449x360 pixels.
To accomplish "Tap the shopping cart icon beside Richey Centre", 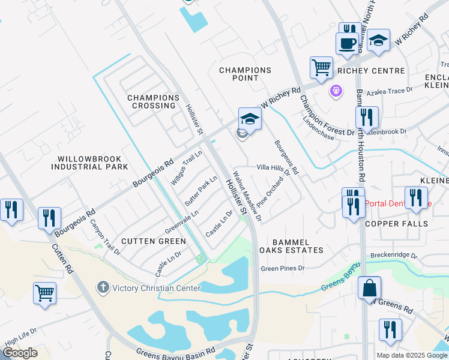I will coord(322,67).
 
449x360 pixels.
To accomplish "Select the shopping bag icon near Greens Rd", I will coord(370,288).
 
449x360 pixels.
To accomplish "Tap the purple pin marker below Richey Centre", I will coord(335,91).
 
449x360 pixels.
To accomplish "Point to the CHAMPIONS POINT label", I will coord(245,74).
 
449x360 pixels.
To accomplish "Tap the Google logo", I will coord(20,353).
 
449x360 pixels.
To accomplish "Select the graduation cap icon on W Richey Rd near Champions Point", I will coord(250,119).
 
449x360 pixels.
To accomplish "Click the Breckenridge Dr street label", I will coord(394,255).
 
